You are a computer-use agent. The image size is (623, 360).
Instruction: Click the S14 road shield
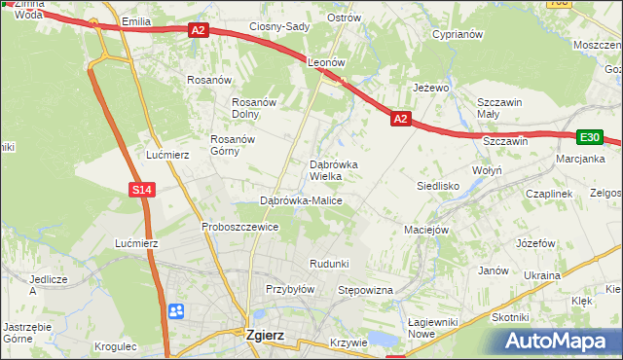pyautogui.click(x=142, y=190)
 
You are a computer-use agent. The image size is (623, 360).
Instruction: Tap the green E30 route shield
pyautogui.click(x=588, y=138)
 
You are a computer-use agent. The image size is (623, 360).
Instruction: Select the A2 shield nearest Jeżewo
pyautogui.click(x=400, y=119)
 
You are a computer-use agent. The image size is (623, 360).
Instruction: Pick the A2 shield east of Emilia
pyautogui.click(x=199, y=31)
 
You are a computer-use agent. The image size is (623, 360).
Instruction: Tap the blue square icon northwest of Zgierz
pyautogui.click(x=176, y=311)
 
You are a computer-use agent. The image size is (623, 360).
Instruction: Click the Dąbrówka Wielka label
pyautogui.click(x=333, y=170)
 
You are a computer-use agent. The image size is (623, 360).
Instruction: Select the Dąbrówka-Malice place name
pyautogui.click(x=301, y=200)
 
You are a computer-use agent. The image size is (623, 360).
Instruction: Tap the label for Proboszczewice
pyautogui.click(x=240, y=227)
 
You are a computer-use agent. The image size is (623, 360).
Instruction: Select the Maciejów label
pyautogui.click(x=425, y=230)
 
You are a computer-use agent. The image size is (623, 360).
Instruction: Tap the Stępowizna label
pyautogui.click(x=364, y=290)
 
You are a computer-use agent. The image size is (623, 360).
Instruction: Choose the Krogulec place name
pyautogui.click(x=117, y=346)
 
